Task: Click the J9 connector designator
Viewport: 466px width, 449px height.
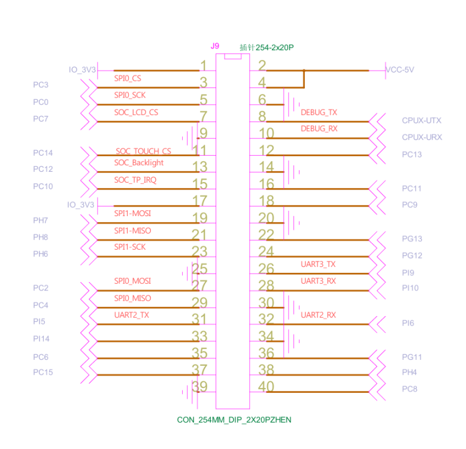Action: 215,46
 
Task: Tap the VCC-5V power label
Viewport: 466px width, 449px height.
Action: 400,69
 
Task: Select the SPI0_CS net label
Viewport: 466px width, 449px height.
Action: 128,78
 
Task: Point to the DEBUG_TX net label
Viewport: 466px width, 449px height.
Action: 319,112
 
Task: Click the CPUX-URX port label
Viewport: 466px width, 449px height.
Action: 422,137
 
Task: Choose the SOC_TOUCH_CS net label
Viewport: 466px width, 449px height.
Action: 143,151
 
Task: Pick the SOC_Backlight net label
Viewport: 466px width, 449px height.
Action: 138,163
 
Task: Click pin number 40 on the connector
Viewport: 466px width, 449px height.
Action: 266,387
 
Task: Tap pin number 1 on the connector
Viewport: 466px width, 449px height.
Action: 204,66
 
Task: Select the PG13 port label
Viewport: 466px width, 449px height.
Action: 411,239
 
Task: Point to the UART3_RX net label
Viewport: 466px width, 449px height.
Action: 318,281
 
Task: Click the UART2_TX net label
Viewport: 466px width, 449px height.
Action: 131,315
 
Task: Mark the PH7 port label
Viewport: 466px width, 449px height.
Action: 41,220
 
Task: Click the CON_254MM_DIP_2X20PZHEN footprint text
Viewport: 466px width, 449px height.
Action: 234,420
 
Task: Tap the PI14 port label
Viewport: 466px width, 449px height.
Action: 41,339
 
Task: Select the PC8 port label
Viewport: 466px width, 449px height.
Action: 410,389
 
